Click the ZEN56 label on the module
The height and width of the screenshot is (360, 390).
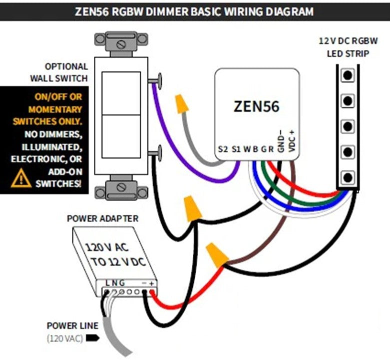pos(257,106)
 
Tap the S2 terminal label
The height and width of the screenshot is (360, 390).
pos(223,148)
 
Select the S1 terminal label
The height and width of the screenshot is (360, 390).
pos(237,148)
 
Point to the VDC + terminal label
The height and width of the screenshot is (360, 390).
pos(292,140)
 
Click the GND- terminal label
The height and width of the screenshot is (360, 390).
pos(282,140)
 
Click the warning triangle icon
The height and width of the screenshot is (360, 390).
pos(21,177)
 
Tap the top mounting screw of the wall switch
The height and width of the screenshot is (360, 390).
pos(120,44)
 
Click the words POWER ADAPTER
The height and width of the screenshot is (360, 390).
pos(103,218)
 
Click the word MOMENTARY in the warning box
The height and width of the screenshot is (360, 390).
pos(55,109)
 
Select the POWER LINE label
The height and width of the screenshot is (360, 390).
pos(72,326)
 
